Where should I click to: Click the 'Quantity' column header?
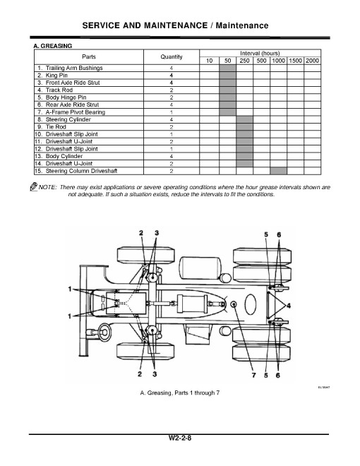172,56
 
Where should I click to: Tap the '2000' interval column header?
313,61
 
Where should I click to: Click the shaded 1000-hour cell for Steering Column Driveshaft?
279,171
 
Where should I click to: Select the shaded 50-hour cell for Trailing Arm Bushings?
227,68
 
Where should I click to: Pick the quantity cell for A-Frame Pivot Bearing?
172,112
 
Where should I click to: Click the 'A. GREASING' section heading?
53,45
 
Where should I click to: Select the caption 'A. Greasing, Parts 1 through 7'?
180,393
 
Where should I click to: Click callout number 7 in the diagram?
253,375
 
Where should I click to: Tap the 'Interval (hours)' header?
260,53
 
